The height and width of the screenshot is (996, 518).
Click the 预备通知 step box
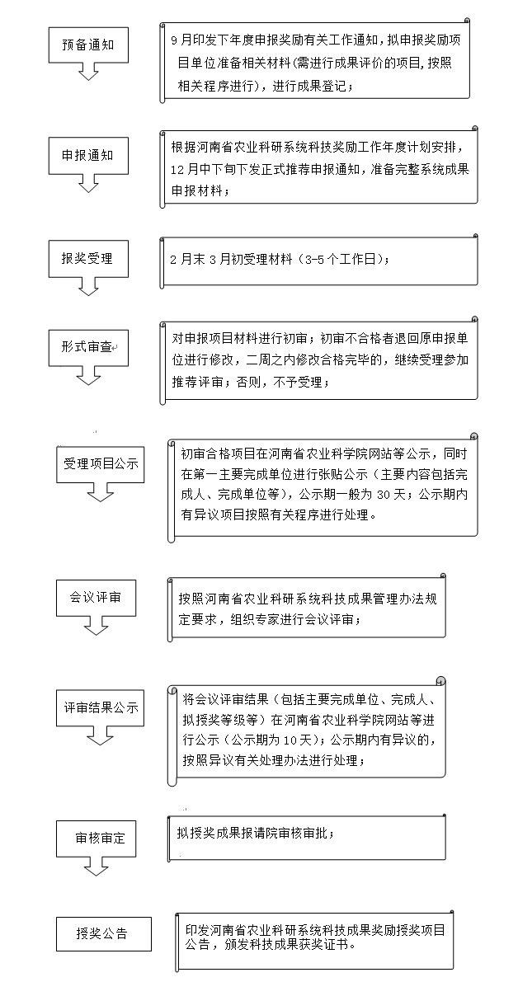pyautogui.click(x=88, y=45)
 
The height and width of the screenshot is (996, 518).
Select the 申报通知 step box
pyautogui.click(x=88, y=156)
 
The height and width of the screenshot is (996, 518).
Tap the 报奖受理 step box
pyautogui.click(x=88, y=259)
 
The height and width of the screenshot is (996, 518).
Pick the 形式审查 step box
pyautogui.click(x=88, y=348)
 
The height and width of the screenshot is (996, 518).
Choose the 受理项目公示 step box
pyautogui.click(x=101, y=464)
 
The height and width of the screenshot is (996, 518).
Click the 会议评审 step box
pyautogui.click(x=96, y=598)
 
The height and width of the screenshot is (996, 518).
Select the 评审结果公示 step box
pyautogui.click(x=101, y=708)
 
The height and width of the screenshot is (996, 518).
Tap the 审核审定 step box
pyautogui.click(x=96, y=839)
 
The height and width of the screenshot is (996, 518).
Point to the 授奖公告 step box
pyautogui.click(x=104, y=933)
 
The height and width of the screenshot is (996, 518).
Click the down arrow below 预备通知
pyautogui.click(x=88, y=71)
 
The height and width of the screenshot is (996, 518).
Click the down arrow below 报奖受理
pyautogui.click(x=88, y=286)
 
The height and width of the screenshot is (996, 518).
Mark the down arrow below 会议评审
pyautogui.click(x=96, y=626)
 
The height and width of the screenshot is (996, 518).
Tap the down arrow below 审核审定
pyautogui.click(x=96, y=867)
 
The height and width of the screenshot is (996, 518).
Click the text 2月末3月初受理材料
pyautogui.click(x=231, y=259)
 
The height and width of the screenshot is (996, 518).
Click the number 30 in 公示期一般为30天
pyautogui.click(x=384, y=495)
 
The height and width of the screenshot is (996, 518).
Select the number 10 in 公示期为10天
pyautogui.click(x=290, y=740)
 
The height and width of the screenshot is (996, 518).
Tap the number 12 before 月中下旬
pyautogui.click(x=177, y=170)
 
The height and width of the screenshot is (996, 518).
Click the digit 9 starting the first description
pyautogui.click(x=174, y=40)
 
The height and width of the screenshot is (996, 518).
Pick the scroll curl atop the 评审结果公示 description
pyautogui.click(x=440, y=681)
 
